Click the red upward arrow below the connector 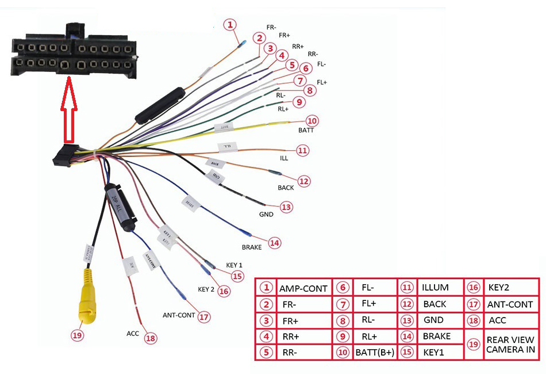68,112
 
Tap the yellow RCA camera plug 87,302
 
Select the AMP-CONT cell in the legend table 302,288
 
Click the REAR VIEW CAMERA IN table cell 510,344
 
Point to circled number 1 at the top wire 230,25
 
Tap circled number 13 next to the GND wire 286,207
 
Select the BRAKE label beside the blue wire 251,247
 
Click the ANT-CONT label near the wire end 179,315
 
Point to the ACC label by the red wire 133,333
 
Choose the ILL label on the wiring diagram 284,157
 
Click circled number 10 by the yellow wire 312,121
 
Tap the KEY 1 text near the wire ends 234,265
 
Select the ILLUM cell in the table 435,287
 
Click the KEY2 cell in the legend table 499,287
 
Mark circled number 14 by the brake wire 275,243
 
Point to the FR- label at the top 271,27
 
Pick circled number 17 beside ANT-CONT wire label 203,316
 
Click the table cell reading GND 433,319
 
